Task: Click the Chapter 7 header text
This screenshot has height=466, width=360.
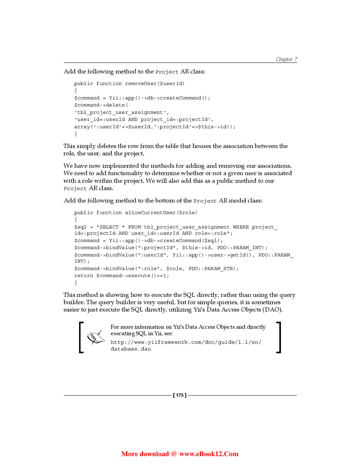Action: click(286, 59)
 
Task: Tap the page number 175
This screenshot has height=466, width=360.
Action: click(180, 395)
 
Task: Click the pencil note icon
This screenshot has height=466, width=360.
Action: click(96, 337)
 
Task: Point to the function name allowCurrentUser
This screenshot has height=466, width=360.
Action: click(150, 212)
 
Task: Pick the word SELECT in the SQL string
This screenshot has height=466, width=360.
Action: click(109, 227)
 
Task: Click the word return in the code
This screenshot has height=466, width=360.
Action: click(84, 275)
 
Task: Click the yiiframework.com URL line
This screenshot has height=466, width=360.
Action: click(186, 342)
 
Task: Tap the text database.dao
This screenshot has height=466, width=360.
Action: click(131, 349)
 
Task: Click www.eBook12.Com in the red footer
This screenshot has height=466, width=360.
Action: click(209, 454)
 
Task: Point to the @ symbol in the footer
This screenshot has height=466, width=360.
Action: click(174, 454)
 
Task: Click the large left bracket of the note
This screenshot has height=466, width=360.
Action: click(81, 337)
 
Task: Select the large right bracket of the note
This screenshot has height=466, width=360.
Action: click(279, 337)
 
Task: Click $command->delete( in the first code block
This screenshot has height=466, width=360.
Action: click(101, 105)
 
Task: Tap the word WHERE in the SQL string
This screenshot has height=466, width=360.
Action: click(240, 227)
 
